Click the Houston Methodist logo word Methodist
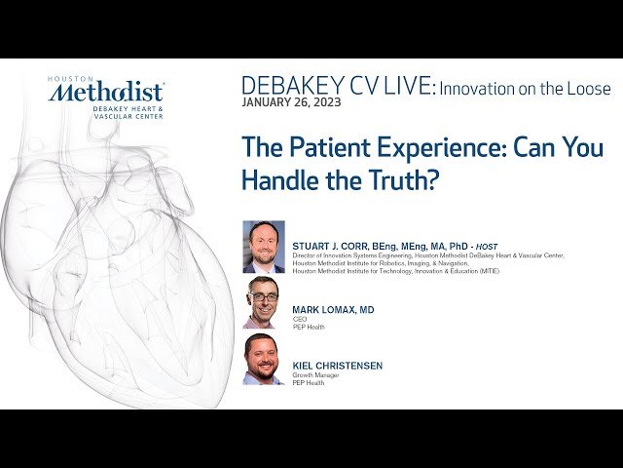coord(106,93)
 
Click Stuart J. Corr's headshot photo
coord(264,247)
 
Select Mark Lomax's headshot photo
coord(264,302)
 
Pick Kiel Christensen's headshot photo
coord(264,359)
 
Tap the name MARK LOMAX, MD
coord(333,310)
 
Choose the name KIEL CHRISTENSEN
coord(338,366)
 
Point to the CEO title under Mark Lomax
coord(300,319)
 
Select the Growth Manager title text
coord(314,375)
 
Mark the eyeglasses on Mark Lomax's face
coord(263,296)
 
